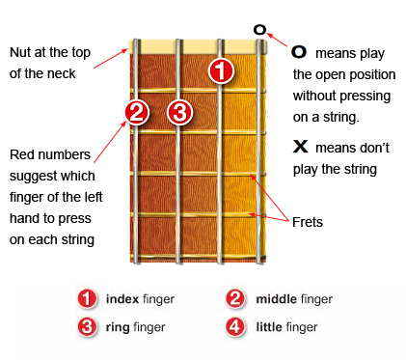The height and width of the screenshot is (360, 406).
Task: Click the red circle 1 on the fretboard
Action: [221, 70]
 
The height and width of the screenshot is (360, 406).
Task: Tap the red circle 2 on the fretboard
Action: [137, 112]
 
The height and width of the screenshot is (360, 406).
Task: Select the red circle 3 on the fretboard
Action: [179, 112]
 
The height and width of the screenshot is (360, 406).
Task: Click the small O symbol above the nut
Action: [259, 30]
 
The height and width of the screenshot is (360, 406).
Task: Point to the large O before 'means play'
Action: [299, 51]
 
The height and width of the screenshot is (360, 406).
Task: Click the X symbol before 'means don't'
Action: [301, 146]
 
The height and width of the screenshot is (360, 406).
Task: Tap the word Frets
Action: [308, 222]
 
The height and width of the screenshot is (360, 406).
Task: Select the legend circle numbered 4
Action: [235, 327]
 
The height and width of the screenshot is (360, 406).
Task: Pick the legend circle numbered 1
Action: [87, 298]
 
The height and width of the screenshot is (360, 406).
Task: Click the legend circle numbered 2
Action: [235, 298]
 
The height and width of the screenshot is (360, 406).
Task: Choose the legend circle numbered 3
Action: [87, 327]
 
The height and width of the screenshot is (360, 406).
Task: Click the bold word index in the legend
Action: [122, 299]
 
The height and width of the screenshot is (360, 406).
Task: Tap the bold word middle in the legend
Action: [276, 299]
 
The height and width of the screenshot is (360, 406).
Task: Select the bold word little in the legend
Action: [269, 327]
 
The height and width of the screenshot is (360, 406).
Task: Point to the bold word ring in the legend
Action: [118, 328]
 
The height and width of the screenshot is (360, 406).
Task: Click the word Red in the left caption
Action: [19, 154]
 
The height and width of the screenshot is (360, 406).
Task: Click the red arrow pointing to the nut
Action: [111, 59]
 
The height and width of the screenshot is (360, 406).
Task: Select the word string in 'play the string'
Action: [360, 169]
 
